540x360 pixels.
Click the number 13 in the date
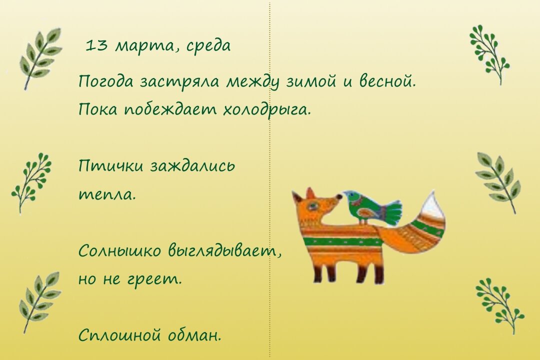click(97, 46)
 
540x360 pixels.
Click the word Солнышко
click(120, 251)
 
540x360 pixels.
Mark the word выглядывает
click(225, 251)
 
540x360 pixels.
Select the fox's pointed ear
click(310, 193)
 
